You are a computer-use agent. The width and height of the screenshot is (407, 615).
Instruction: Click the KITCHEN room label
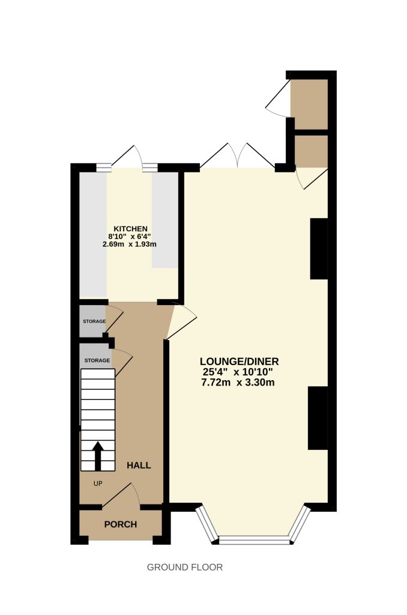coord(130,229)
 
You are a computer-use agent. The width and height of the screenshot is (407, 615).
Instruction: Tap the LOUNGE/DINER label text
coord(239,361)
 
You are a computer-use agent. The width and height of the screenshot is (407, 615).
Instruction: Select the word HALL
coord(139,465)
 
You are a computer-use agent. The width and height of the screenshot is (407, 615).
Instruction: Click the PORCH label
coord(121,524)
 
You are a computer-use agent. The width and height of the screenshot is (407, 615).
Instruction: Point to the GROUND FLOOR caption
coord(185,567)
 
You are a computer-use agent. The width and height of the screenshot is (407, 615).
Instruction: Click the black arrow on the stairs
coord(98,456)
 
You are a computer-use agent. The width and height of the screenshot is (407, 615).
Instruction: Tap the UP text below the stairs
coord(98,483)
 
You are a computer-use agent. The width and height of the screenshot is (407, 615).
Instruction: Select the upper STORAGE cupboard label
coord(94,321)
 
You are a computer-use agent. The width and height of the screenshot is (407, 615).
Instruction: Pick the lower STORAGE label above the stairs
coord(97,360)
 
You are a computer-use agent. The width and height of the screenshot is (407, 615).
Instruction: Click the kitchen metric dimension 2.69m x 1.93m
coord(130,244)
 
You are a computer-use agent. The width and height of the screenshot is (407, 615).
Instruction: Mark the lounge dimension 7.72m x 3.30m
coord(238,383)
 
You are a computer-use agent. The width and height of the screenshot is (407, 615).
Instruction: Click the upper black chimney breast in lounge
coord(319,249)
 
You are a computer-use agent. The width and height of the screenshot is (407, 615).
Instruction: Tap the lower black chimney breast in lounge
coord(318,418)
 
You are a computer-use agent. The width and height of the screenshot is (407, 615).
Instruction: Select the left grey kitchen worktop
coord(93,235)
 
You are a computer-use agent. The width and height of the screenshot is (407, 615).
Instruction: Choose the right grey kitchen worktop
coord(165,220)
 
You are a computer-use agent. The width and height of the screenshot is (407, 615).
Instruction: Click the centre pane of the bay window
coord(254,542)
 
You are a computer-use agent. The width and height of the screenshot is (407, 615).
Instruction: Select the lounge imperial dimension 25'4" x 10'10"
coord(240,372)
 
